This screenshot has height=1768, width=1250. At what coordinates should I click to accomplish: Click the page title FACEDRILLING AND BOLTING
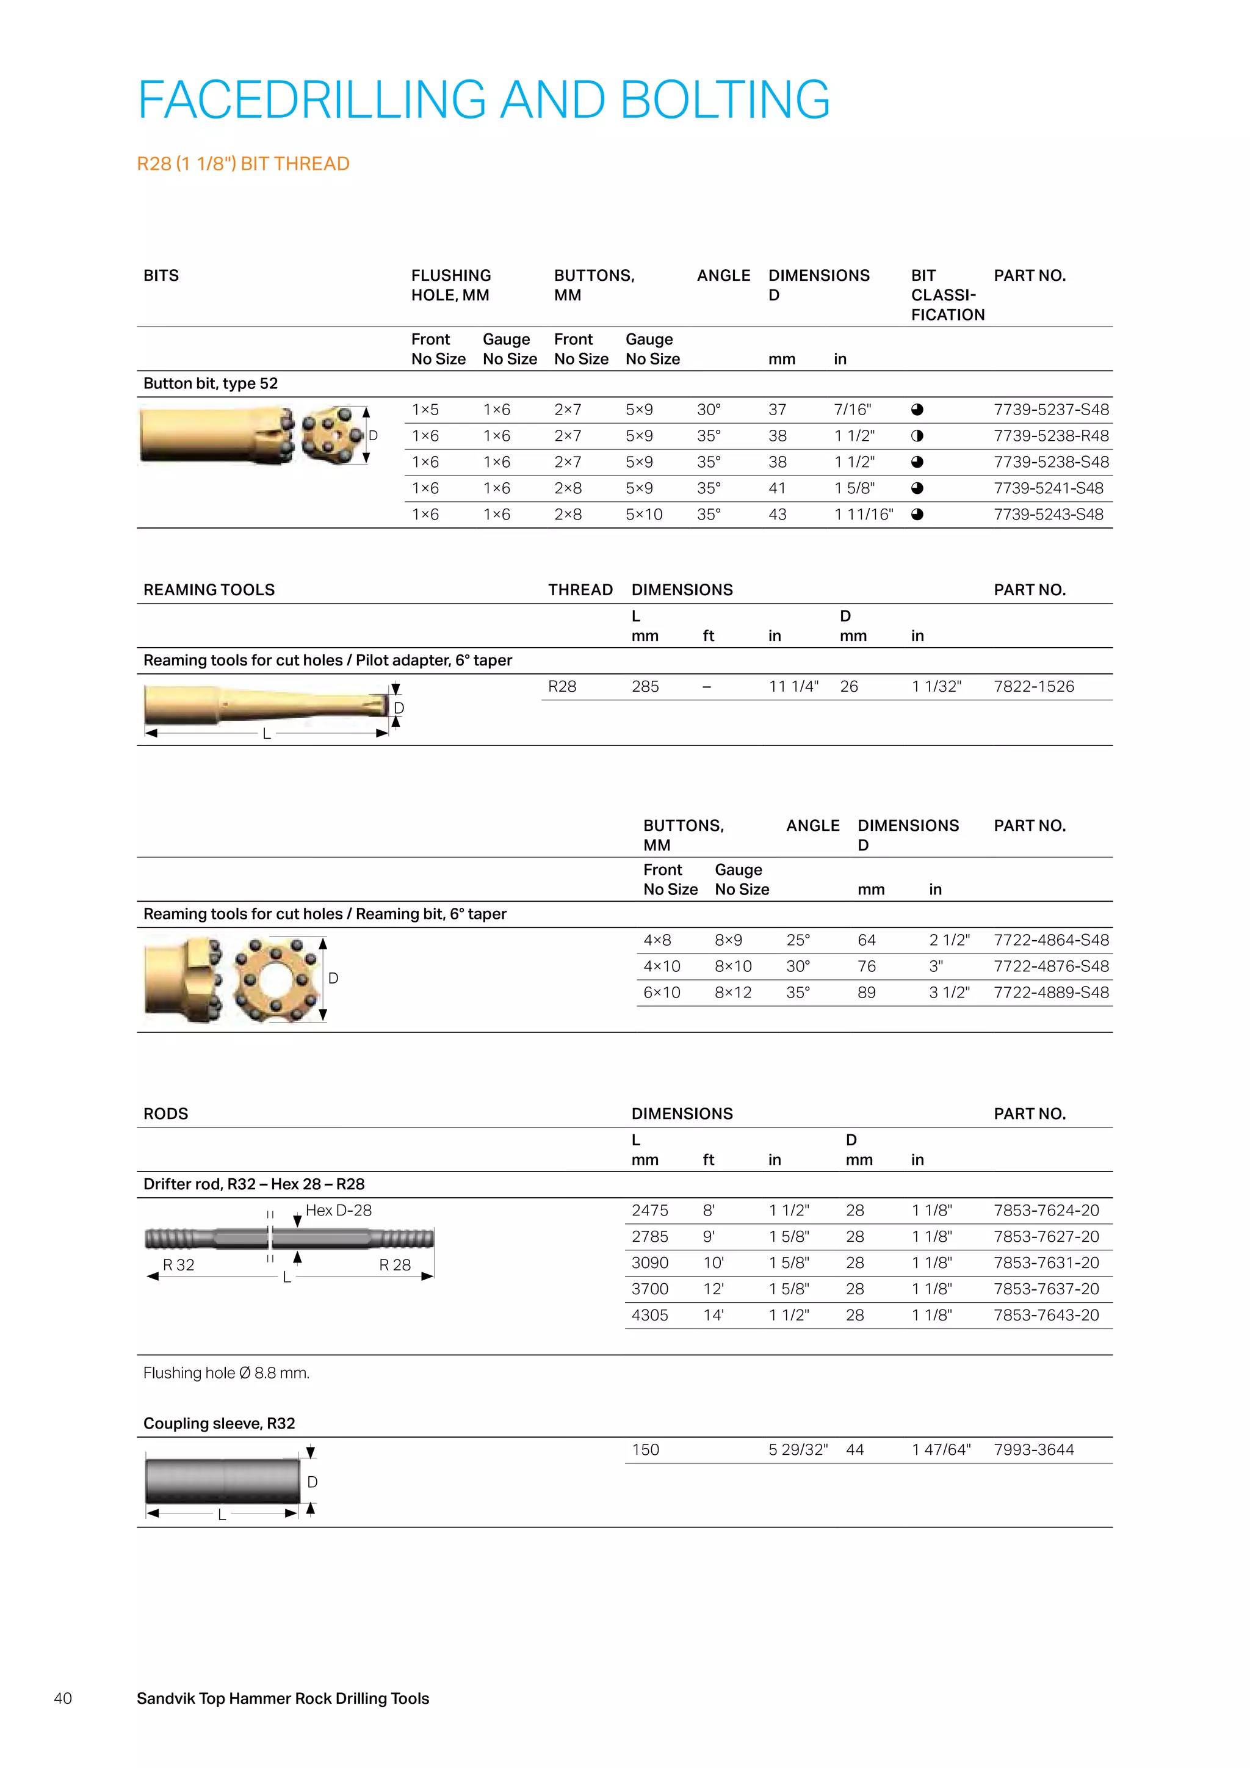(x=483, y=100)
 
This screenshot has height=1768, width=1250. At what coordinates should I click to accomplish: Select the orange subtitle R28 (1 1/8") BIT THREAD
(x=244, y=164)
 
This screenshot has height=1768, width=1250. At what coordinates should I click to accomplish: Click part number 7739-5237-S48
(x=1050, y=410)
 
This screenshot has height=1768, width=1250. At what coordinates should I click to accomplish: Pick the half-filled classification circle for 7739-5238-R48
(x=917, y=436)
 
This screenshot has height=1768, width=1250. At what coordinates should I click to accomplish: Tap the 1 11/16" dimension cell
(x=864, y=515)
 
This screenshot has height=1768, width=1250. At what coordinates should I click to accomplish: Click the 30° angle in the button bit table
(x=709, y=410)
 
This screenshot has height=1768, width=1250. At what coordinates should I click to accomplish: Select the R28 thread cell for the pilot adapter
(x=562, y=686)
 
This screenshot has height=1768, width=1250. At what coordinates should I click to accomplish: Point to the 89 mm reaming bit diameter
(x=867, y=993)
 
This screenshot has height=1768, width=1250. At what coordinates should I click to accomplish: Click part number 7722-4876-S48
(x=1050, y=966)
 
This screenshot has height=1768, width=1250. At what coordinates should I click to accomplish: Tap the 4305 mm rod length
(x=649, y=1315)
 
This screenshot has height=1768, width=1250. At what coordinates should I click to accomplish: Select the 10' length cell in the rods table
(x=713, y=1263)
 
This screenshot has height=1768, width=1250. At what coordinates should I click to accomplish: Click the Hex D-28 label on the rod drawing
(x=339, y=1211)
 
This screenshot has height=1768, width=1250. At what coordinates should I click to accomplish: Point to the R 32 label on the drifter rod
(x=179, y=1265)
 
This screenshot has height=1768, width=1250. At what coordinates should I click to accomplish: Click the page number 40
(x=63, y=1698)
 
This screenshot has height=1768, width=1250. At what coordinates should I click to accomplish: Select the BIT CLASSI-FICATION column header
(x=947, y=295)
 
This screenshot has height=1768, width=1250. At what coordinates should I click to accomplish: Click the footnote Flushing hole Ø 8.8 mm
(x=226, y=1373)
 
